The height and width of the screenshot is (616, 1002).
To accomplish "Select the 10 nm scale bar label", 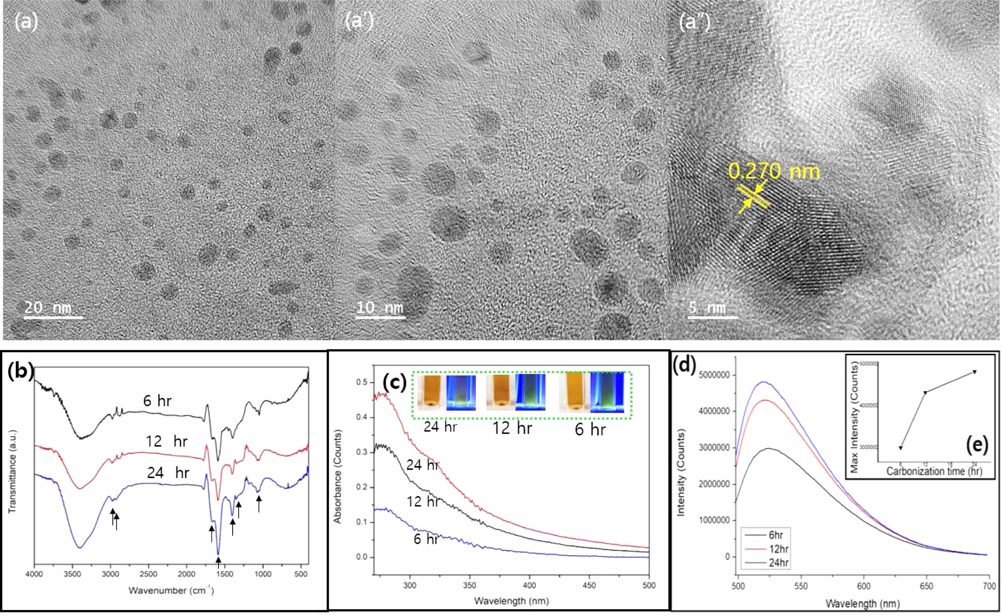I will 380,307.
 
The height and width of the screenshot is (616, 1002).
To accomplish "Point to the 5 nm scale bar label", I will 707,307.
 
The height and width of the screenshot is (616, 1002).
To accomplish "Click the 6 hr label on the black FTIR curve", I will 157,401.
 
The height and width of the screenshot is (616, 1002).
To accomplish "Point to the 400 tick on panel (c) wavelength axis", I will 529,586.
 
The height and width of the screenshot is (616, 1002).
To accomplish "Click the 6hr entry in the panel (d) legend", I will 775,535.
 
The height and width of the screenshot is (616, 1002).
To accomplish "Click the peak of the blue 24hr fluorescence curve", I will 764,382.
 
